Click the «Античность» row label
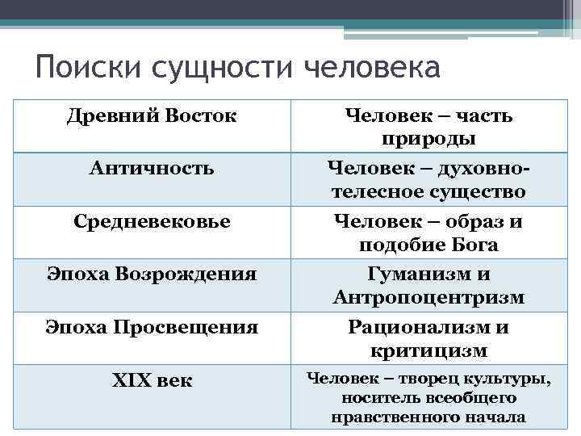(152, 168)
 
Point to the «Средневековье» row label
(152, 220)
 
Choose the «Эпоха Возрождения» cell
(152, 274)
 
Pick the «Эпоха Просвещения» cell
(152, 327)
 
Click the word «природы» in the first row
(428, 139)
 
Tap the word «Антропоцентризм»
(428, 298)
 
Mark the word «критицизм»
(428, 351)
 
